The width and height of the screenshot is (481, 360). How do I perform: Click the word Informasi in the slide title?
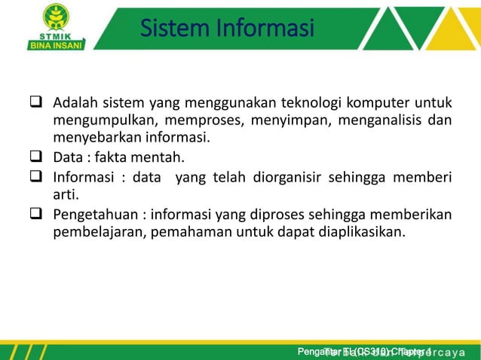click(x=262, y=29)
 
